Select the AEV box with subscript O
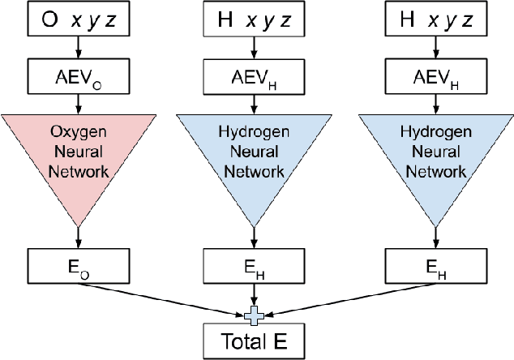[77, 79]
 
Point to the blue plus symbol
[255, 314]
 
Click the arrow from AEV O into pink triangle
[77, 105]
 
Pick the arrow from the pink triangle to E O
[77, 235]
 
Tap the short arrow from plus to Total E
[255, 323]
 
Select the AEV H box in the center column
[255, 79]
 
